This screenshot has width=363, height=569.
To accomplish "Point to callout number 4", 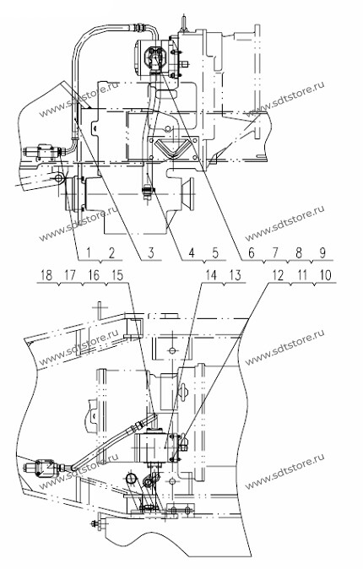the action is [x=192, y=252].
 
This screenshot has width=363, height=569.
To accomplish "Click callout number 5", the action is [x=215, y=252].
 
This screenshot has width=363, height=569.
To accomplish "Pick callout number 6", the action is [x=252, y=252].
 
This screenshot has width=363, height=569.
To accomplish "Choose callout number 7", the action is [x=275, y=252].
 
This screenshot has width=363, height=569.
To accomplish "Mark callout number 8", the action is [x=299, y=252].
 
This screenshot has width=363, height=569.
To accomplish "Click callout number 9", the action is [x=322, y=252].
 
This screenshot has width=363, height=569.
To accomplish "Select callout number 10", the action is [x=326, y=275].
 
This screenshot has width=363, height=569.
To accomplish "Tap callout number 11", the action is [x=302, y=275].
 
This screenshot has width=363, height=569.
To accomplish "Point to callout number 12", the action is [x=278, y=275].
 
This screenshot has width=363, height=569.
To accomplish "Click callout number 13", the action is [x=235, y=274].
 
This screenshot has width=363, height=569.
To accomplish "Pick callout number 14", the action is [x=211, y=274].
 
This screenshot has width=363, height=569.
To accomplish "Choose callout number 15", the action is [x=117, y=274].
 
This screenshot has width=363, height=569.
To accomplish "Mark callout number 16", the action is [x=94, y=274].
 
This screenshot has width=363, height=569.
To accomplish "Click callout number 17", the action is [x=70, y=274].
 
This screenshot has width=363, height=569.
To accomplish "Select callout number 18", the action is [x=46, y=274].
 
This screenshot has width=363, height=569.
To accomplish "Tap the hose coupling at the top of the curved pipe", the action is [x=140, y=27].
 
